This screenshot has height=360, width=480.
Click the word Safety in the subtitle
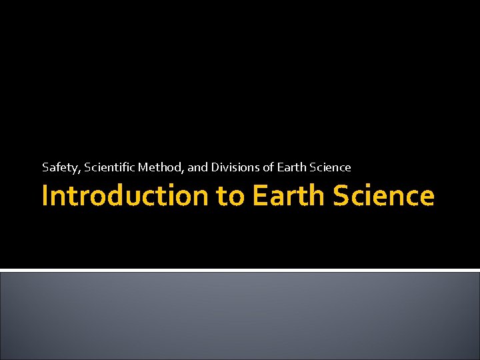[60, 167]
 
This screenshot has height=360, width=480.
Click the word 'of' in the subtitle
[263, 167]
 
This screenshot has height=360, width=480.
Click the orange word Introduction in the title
[125, 196]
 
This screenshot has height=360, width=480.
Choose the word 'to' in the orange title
[229, 196]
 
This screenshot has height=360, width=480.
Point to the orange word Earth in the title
[289, 196]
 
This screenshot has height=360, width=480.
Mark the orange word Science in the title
[383, 196]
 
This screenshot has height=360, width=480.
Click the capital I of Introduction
[45, 196]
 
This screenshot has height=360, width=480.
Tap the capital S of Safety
[45, 167]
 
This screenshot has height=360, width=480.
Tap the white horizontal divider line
[240, 269]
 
